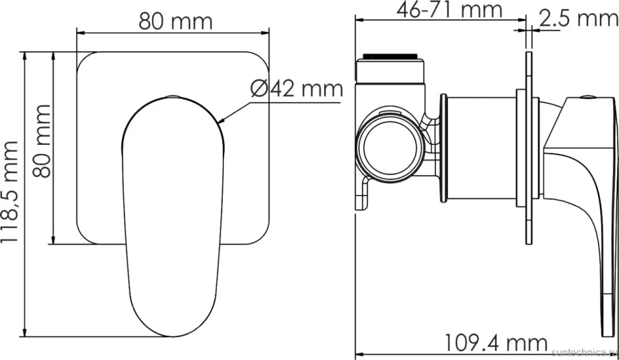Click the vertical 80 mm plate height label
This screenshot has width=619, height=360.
coord(42,141)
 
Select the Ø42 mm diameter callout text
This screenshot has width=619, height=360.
coord(297,89)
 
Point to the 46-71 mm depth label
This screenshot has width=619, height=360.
coord(449,10)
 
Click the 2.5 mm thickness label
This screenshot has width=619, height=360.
coord(578,19)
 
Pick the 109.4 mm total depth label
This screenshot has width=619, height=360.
coord(496,343)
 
